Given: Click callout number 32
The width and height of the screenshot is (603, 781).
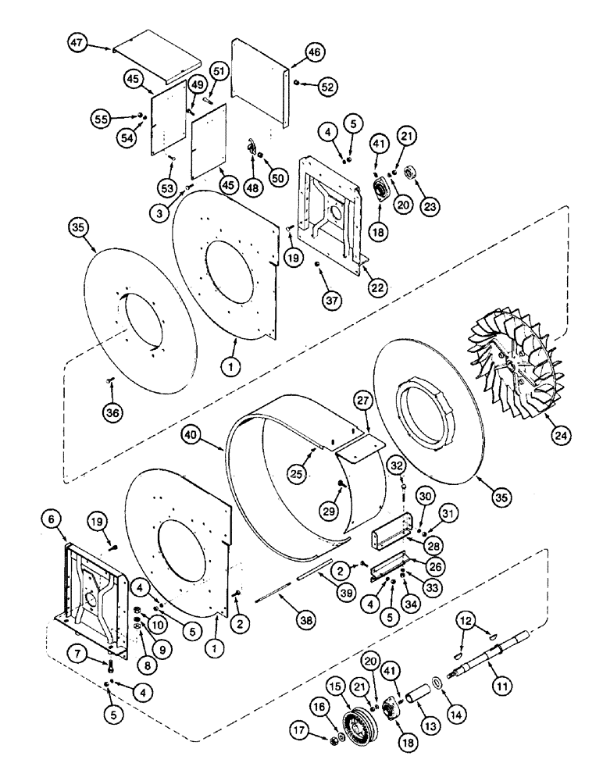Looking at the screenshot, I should pos(397,466).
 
